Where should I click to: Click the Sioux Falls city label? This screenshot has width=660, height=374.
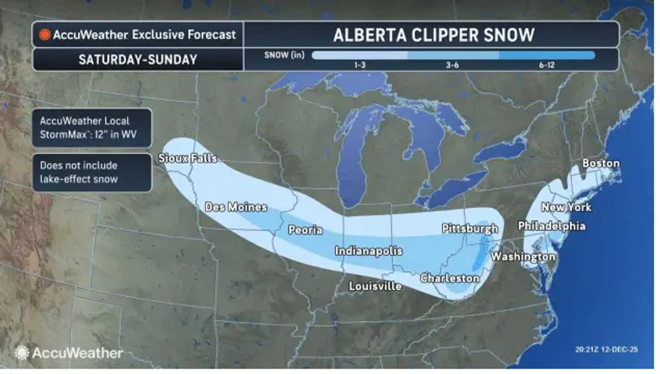[x=188, y=158]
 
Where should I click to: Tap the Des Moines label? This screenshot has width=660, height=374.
[x=236, y=207]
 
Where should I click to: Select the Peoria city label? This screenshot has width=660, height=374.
[x=305, y=230]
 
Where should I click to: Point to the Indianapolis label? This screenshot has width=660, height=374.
[x=368, y=251]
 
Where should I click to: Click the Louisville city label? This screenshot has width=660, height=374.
[x=375, y=285]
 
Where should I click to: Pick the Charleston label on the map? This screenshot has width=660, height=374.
[x=450, y=278]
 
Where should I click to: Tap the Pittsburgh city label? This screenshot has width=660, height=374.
[x=470, y=228]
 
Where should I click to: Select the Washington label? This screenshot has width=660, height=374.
[x=523, y=256]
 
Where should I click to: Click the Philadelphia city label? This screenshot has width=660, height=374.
[x=552, y=226]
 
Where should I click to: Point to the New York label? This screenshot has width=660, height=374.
[x=566, y=207]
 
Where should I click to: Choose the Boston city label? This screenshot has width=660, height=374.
[x=601, y=163]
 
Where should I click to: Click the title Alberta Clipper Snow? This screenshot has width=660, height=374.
[x=433, y=35]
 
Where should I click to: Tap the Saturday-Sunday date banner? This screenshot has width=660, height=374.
[x=138, y=59]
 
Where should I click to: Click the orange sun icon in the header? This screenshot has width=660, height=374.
[x=45, y=35]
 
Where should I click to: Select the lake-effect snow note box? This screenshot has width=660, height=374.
[x=92, y=173]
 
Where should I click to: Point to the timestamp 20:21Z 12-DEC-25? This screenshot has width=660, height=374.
[x=606, y=350]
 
